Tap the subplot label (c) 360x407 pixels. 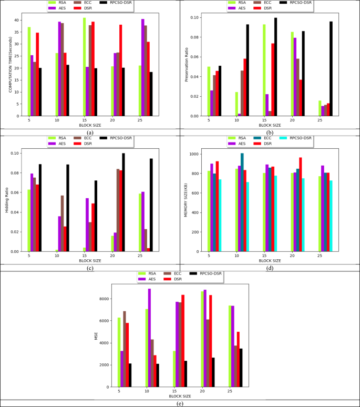coord(90,268)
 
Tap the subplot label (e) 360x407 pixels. coord(180,403)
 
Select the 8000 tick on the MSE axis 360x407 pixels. coord(106,299)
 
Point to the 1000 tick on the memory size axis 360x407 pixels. coord(196,154)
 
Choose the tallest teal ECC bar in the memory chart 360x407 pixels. coord(242,202)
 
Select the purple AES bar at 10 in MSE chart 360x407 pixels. coord(149,338)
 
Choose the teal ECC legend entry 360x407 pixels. coord(265,138)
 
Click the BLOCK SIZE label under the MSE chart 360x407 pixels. coord(180,396)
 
